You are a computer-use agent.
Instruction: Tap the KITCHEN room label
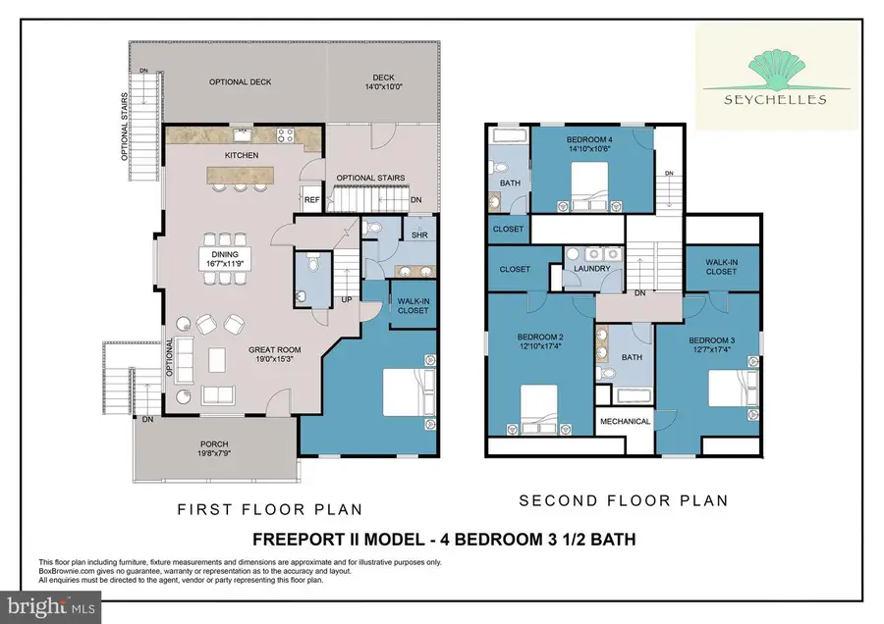[242, 156]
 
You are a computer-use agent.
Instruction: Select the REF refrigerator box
[311, 198]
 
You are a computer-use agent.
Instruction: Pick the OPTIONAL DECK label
[240, 82]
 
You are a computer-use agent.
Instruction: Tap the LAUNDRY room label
[593, 269]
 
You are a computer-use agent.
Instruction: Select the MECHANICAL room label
[626, 422]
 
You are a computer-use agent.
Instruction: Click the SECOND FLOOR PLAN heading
[623, 500]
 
